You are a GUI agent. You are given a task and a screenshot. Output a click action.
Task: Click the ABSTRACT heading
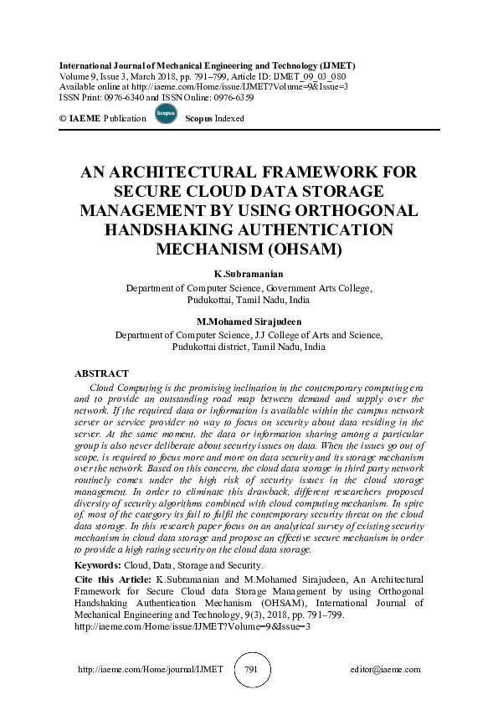(x=101, y=373)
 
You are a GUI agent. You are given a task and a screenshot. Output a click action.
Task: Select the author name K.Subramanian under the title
(x=249, y=275)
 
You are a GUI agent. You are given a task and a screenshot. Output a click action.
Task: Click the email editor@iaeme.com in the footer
(x=386, y=670)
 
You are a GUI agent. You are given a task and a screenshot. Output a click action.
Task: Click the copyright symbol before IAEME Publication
(x=64, y=119)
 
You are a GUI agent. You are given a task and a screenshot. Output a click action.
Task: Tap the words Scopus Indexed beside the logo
(x=214, y=119)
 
